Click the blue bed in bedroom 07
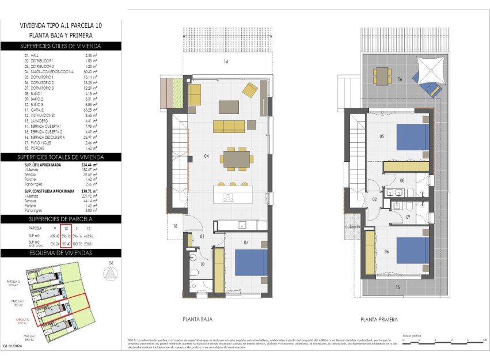point(252,262)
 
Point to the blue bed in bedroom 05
point(413,137)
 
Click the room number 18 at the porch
point(175,227)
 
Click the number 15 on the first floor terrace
point(397,286)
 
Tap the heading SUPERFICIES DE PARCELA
point(60,219)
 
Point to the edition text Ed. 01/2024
point(13,346)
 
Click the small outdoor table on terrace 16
point(382,74)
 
